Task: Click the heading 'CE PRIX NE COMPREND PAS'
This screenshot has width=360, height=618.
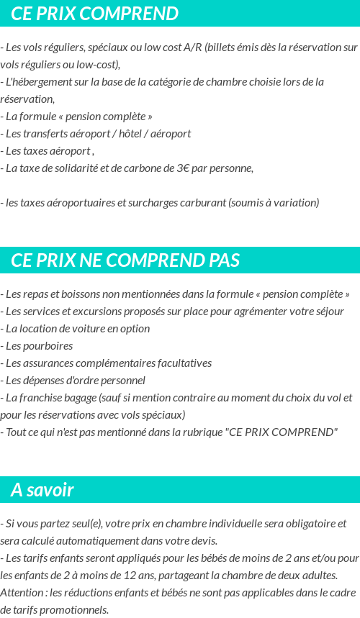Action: [x=126, y=260]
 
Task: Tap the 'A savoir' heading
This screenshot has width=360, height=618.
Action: [x=42, y=491]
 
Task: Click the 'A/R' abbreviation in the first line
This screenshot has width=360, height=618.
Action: [x=192, y=47]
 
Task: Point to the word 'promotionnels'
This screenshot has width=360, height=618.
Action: [x=76, y=609]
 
